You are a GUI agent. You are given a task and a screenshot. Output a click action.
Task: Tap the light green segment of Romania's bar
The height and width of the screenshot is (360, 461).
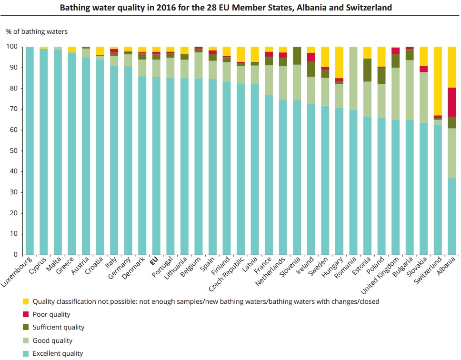[x=353, y=78]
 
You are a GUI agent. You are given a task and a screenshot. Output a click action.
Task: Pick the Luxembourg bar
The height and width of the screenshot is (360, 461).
[x=30, y=150]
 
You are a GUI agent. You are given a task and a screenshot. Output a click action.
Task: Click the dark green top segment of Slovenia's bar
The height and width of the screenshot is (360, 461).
[x=297, y=56]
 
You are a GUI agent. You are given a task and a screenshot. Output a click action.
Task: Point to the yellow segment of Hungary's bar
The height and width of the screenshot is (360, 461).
[x=339, y=62]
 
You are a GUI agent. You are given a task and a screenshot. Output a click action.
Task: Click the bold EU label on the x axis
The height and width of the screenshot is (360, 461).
[x=153, y=261]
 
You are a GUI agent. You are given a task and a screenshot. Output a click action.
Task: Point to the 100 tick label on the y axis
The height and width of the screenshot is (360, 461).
[x=11, y=47]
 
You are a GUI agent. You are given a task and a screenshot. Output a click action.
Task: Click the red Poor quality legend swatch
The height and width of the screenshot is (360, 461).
[x=26, y=314]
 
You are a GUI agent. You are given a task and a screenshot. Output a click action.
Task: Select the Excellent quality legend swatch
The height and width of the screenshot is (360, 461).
[x=26, y=353]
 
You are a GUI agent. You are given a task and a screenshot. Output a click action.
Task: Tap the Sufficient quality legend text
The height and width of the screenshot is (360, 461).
[x=58, y=327]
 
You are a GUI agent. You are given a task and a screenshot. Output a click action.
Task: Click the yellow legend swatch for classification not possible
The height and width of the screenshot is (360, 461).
[x=26, y=301]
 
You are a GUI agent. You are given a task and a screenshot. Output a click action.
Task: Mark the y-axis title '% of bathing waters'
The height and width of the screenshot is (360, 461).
[x=37, y=31]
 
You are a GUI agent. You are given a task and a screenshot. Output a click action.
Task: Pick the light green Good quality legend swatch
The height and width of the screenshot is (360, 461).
[x=26, y=340]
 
